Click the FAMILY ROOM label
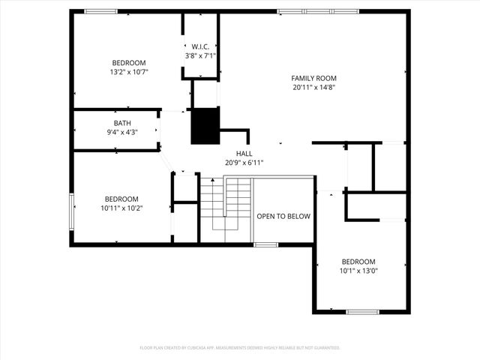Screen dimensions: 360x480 pyautogui.click(x=313, y=78)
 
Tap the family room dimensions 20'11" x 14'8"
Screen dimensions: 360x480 pyautogui.click(x=313, y=87)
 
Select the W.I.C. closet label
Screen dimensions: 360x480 pyautogui.click(x=200, y=46)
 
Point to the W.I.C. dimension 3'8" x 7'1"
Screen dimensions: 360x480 pyautogui.click(x=200, y=55)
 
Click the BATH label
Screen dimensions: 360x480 pyautogui.click(x=122, y=123)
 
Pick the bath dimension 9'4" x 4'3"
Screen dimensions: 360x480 pyautogui.click(x=122, y=132)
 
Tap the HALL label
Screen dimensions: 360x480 pyautogui.click(x=244, y=153)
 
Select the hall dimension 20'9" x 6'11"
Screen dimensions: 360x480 pyautogui.click(x=244, y=162)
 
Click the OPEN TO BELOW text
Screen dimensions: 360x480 pyautogui.click(x=283, y=216)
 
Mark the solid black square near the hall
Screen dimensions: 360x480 pyautogui.click(x=205, y=125)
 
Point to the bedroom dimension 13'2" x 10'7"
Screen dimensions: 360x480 pyautogui.click(x=129, y=72)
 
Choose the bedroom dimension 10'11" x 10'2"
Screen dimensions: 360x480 pyautogui.click(x=121, y=208)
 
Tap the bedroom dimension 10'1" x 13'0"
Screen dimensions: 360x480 pyautogui.click(x=358, y=271)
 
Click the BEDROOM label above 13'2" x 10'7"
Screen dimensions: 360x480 pyautogui.click(x=129, y=63)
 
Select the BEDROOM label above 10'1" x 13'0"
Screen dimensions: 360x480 pyautogui.click(x=358, y=262)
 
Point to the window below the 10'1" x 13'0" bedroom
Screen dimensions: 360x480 pyautogui.click(x=363, y=311)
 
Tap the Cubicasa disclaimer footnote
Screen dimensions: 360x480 pyautogui.click(x=240, y=347)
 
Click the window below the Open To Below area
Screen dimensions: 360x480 pyautogui.click(x=265, y=244)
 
